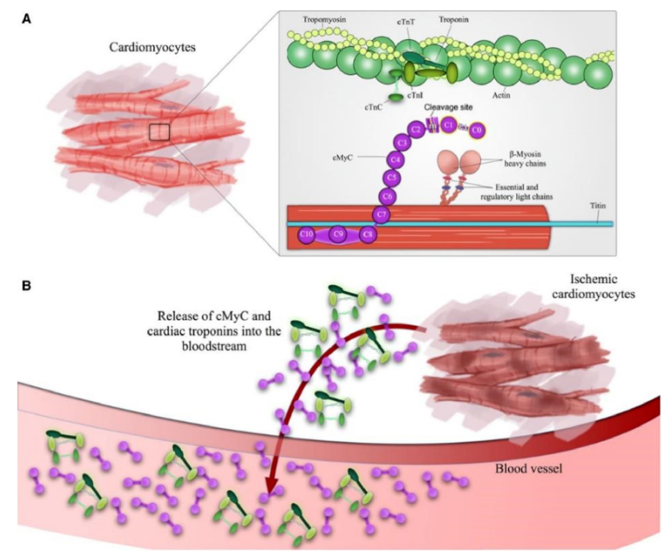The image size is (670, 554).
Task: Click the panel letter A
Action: pos(26,18)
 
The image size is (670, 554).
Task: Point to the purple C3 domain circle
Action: pos(402,142)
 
